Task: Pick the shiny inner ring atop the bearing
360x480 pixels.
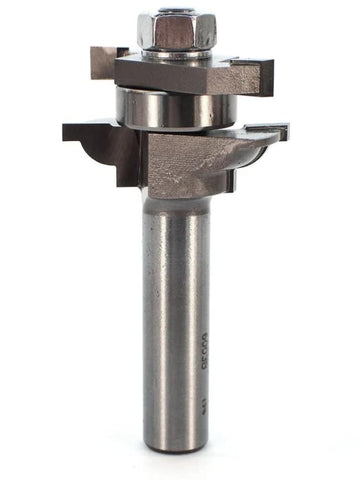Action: click(176, 89)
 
